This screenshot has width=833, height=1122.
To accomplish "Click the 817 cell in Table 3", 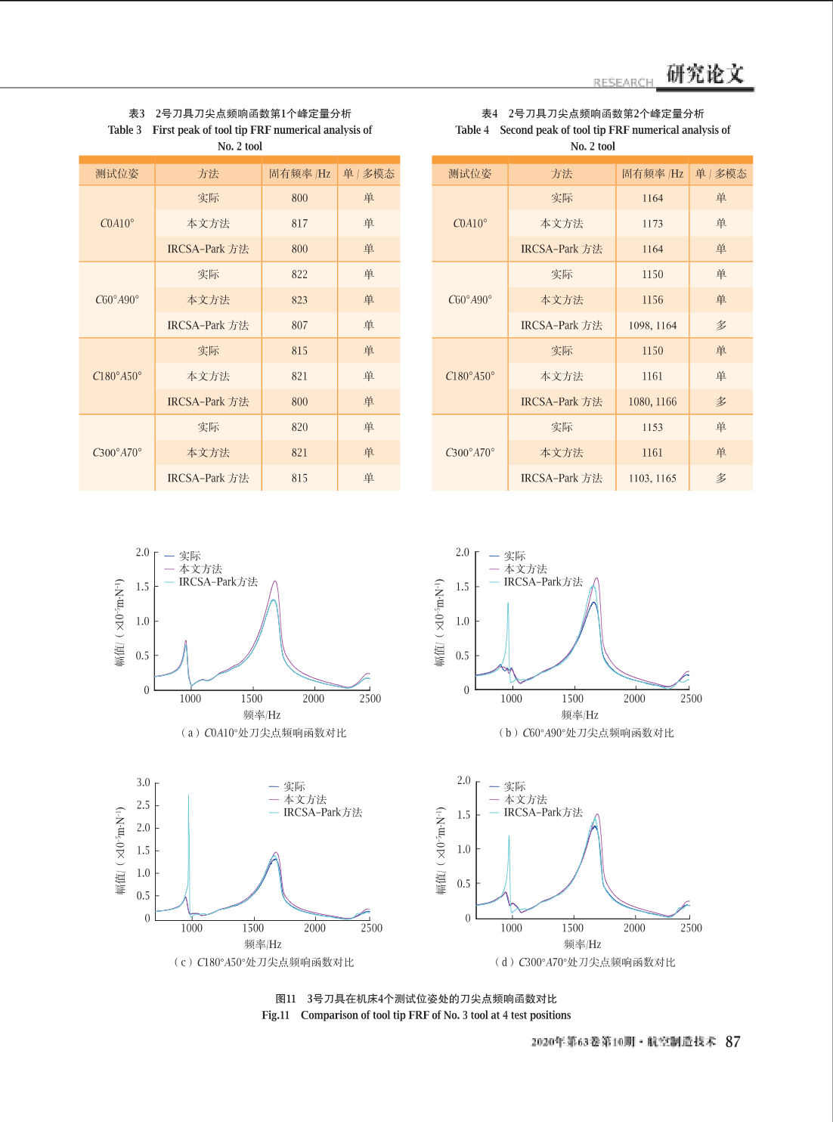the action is click(299, 224).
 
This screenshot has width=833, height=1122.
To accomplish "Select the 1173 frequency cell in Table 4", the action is click(652, 224).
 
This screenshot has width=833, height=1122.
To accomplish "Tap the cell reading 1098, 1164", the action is click(652, 325).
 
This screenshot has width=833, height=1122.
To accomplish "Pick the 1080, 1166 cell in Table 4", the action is click(652, 401).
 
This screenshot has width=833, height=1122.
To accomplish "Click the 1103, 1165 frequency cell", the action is click(652, 478).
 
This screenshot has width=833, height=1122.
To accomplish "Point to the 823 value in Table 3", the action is click(299, 300).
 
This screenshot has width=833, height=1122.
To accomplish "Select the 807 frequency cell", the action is click(299, 325).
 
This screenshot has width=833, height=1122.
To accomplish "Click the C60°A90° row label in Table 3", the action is click(117, 300).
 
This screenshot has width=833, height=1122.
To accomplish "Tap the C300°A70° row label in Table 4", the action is click(470, 453).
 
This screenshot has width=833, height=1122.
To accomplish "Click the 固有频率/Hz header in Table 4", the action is click(652, 174).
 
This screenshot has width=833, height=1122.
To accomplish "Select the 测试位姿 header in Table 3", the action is click(117, 174).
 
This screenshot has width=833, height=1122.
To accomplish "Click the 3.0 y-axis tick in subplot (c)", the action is click(143, 783).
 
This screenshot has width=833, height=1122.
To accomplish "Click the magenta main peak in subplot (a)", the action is click(275, 581).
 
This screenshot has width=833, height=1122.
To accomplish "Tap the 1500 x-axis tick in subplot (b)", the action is click(572, 699).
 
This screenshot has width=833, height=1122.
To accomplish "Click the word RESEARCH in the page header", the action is click(623, 82).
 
